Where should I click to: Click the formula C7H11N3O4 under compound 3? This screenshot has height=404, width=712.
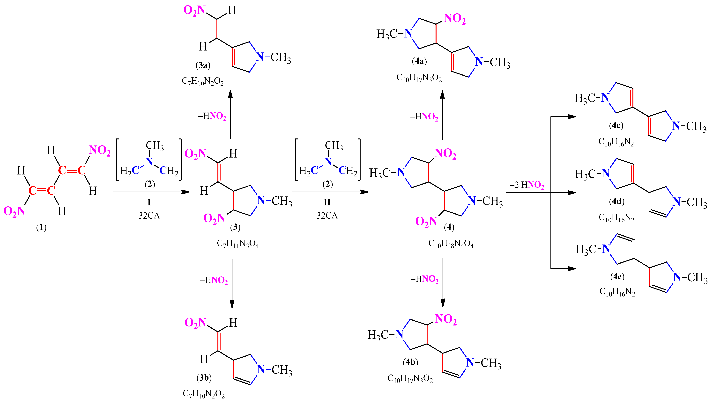click(238, 244)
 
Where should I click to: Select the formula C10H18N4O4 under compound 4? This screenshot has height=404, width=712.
click(451, 244)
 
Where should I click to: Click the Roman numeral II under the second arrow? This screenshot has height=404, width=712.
click(327, 202)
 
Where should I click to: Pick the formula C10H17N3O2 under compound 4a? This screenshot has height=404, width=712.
click(419, 78)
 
